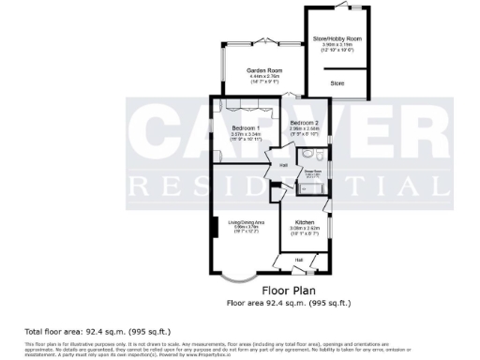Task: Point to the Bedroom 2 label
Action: (305, 124)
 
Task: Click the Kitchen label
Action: (305, 222)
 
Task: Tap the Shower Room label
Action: (312, 171)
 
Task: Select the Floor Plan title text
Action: (287, 291)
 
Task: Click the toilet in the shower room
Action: (320, 156)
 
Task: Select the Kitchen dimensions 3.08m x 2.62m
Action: (305, 228)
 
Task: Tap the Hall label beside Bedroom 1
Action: (282, 166)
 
